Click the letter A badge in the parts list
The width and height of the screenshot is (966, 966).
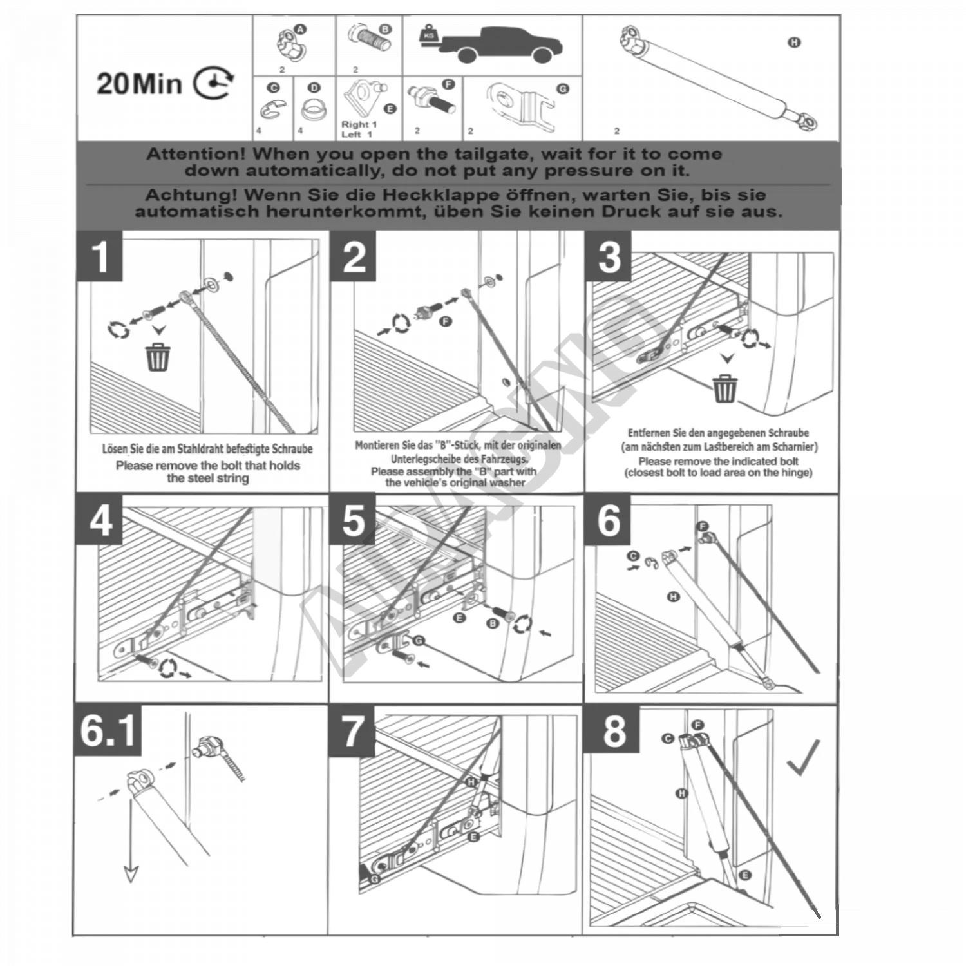point(301,29)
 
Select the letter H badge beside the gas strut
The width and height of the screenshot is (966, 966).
point(795,43)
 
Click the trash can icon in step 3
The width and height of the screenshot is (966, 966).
point(725,388)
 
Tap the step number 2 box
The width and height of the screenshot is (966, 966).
point(354,258)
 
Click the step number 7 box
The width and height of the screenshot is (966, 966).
point(352,732)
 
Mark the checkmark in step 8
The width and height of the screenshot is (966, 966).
point(803,757)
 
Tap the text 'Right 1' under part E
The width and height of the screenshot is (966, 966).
point(359,124)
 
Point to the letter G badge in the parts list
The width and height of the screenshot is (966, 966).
point(563,90)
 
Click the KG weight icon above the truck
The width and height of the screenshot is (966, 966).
point(428,35)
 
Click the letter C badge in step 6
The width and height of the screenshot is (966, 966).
point(633,555)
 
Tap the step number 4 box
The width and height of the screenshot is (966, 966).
point(100,520)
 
